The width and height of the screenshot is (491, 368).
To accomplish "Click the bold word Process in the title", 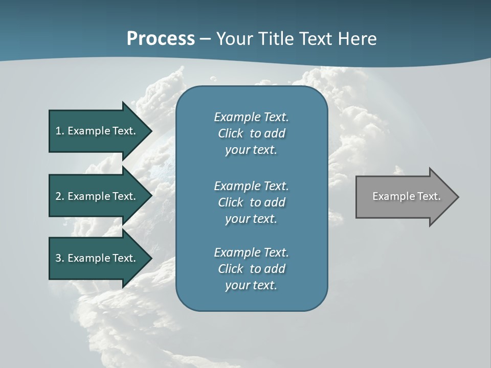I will (161, 39).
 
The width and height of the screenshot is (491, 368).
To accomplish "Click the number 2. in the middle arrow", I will (59, 196).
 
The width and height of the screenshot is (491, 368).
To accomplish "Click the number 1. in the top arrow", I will (59, 131).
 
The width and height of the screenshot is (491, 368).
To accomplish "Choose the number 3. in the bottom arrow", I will (59, 258).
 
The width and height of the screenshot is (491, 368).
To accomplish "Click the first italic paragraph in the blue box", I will (251, 133).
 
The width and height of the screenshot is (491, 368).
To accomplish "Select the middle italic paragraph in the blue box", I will (251, 202).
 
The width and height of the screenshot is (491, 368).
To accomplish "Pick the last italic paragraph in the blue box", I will (251, 269).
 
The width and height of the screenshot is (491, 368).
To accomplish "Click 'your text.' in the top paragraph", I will (251, 150).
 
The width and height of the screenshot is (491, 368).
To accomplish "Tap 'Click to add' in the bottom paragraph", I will (251, 269).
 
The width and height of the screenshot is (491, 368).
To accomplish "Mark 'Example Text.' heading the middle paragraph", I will (251, 186).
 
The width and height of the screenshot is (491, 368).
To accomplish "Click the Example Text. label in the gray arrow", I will (406, 196).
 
